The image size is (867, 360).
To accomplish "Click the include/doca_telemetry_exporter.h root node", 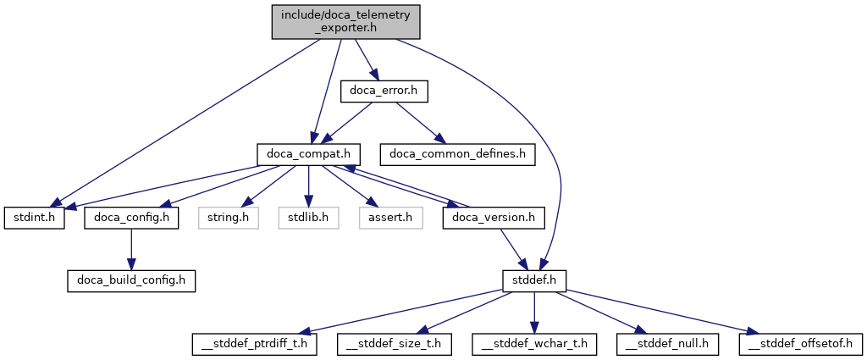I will pyautogui.click(x=346, y=21).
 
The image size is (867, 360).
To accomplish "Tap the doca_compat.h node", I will pyautogui.click(x=309, y=154).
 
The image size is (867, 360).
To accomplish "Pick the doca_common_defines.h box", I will pyautogui.click(x=457, y=154).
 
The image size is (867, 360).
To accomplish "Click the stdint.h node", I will pyautogui.click(x=33, y=218).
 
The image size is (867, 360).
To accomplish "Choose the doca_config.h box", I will pyautogui.click(x=131, y=218).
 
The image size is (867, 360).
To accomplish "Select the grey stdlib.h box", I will pyautogui.click(x=309, y=218).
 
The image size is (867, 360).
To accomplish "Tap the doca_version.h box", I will pyautogui.click(x=494, y=218).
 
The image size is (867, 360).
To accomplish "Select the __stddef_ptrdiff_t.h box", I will pyautogui.click(x=253, y=345).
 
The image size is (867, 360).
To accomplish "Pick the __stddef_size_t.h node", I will pyautogui.click(x=395, y=345).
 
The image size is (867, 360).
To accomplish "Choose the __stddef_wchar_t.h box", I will pyautogui.click(x=535, y=345).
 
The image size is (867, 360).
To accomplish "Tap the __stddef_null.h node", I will pyautogui.click(x=668, y=345).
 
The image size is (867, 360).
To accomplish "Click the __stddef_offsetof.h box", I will pyautogui.click(x=800, y=345).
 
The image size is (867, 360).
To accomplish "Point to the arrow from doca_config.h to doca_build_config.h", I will pyautogui.click(x=131, y=249).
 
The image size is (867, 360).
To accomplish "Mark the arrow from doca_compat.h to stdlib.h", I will pyautogui.click(x=309, y=186).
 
